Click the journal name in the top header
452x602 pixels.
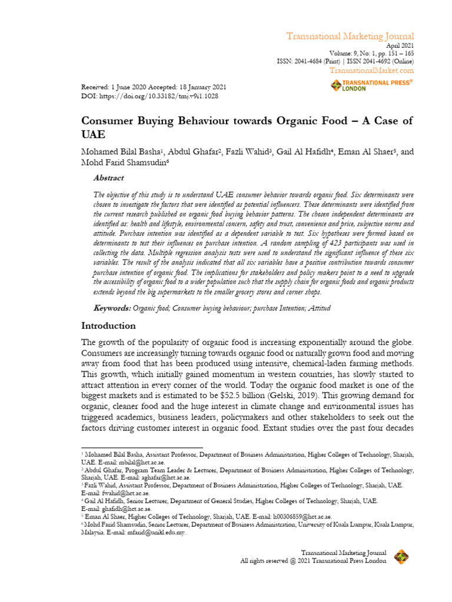pyautogui.click(x=350, y=36)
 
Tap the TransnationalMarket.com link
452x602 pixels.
pyautogui.click(x=371, y=71)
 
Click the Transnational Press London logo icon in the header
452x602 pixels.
pyautogui.click(x=336, y=86)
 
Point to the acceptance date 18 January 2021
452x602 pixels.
pyautogui.click(x=192, y=87)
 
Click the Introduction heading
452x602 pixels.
pyautogui.click(x=108, y=325)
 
